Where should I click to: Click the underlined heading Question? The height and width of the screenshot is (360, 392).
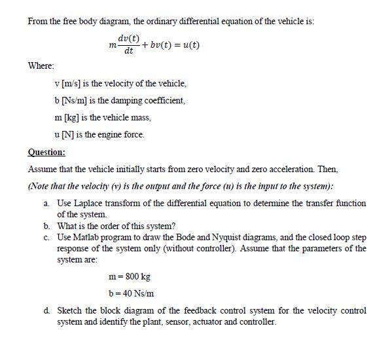[46, 152]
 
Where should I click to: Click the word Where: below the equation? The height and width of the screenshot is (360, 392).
[41, 66]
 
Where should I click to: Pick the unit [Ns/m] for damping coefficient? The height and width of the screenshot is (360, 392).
[79, 101]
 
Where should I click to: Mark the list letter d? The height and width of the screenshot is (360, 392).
[48, 310]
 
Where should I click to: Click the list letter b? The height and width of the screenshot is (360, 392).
[48, 226]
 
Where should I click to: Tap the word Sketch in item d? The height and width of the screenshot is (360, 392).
[70, 310]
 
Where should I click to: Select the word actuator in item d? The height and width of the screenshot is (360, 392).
[200, 322]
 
